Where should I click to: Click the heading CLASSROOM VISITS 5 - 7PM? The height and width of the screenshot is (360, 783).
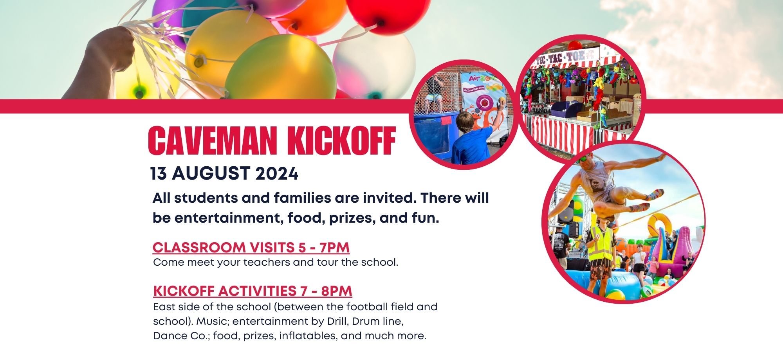tap(251, 247)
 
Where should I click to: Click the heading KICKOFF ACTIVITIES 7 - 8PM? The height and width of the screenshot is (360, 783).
tap(253, 291)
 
